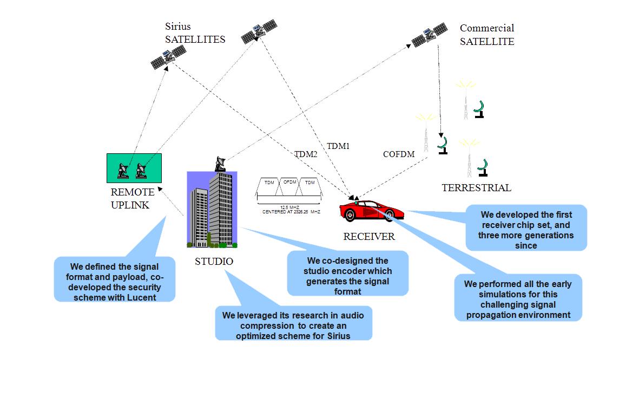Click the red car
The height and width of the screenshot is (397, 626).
pos(371,210)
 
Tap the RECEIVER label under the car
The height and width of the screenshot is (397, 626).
pos(369,237)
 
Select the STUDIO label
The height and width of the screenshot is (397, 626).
pos(214,262)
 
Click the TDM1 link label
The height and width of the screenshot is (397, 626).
pos(338,146)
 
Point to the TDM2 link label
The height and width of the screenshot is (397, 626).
pos(306,154)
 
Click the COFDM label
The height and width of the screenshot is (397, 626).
pos(399,154)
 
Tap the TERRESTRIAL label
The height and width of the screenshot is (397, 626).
pos(476,188)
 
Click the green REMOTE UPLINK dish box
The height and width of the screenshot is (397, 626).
pos(134,168)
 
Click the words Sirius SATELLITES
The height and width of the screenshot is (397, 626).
pos(195,33)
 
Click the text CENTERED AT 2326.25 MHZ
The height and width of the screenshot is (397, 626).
pos(291,212)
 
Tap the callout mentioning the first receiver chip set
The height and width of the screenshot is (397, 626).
pos(525,227)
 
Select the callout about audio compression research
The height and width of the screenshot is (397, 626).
pos(294,325)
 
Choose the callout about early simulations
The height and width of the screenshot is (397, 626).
pos(518,299)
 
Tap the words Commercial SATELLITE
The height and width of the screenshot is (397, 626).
pos(487,35)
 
